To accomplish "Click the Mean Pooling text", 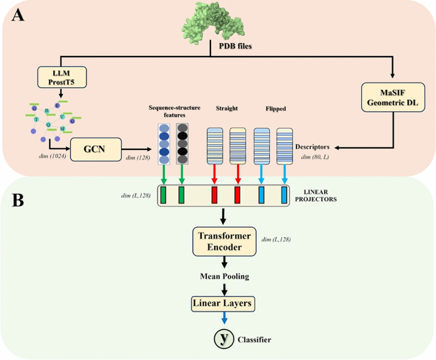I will [223, 277].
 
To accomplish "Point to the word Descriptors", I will [313, 146].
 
